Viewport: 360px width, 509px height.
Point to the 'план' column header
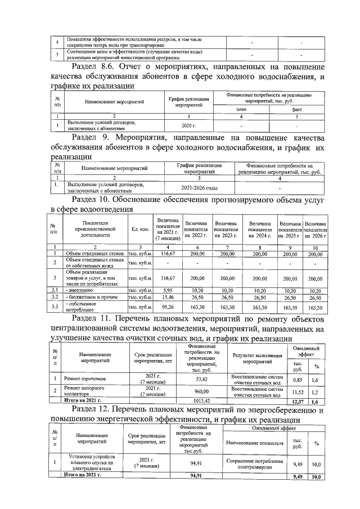pyautogui.click(x=241, y=109)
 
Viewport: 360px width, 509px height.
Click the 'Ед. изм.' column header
pyautogui.click(x=141, y=229)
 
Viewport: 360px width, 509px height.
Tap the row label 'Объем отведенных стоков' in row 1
pyautogui.click(x=94, y=254)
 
